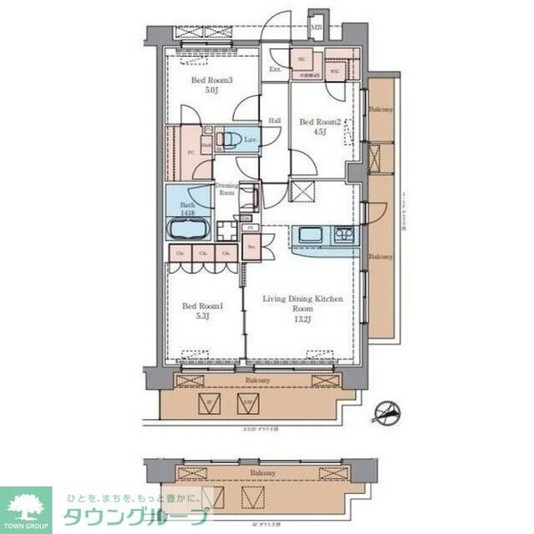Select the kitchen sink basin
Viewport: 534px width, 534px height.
312,234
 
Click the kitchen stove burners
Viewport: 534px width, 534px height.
344,234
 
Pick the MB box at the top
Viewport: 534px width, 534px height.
317,27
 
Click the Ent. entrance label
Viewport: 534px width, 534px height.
276,69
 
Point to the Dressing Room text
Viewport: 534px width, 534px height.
227,189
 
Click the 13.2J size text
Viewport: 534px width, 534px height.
303,320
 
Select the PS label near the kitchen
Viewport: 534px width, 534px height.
251,227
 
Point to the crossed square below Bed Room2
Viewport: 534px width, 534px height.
304,191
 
